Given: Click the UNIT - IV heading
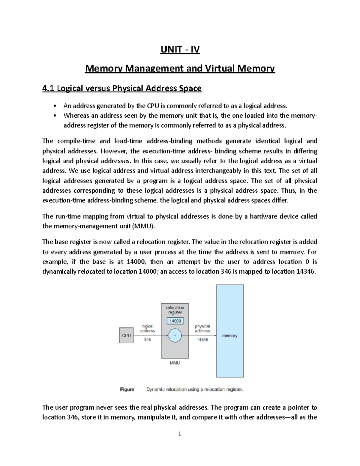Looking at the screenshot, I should point(180,49).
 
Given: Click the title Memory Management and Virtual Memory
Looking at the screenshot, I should point(180,69).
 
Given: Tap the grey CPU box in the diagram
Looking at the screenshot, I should point(126,335).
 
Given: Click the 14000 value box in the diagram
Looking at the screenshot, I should point(175,321).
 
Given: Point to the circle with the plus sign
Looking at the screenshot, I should point(175,335).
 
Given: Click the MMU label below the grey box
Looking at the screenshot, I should point(175,363).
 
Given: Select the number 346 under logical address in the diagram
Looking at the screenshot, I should point(147,340).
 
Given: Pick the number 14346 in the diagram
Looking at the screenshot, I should point(202,340).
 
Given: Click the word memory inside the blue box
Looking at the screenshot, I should point(230,335).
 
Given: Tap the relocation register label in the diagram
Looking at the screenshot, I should point(175,310).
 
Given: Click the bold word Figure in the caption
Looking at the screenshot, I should point(127,389).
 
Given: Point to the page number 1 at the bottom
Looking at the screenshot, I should point(180,434).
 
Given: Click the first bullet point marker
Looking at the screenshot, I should point(54,106).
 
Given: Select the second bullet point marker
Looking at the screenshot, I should point(54,116).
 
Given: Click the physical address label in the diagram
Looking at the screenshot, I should point(202,328).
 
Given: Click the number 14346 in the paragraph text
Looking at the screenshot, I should point(305,272).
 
